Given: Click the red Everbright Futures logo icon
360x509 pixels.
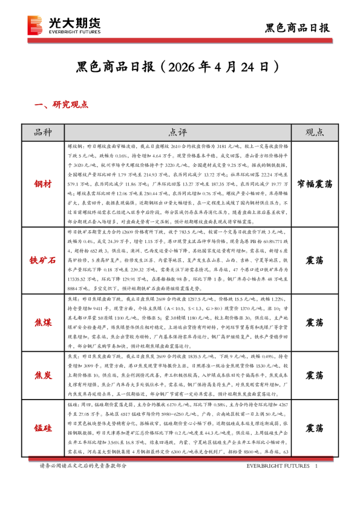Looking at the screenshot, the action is point(34,25).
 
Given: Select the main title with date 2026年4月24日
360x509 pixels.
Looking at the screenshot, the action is point(179,65).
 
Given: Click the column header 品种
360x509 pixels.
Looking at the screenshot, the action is point(44,132).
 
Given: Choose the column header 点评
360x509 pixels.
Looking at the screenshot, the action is point(178,132).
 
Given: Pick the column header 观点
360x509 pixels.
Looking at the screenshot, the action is point(314,132).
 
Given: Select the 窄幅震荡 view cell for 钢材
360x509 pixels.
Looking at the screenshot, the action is point(314,183).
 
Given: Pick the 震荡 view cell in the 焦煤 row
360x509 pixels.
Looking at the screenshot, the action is point(314,321).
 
